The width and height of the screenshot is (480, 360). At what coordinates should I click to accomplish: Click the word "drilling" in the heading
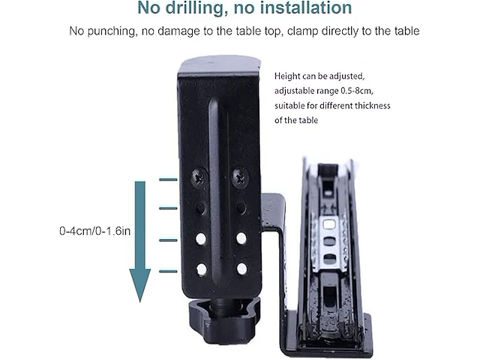(x=194, y=8)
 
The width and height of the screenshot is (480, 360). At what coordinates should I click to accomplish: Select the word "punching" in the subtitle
(x=112, y=31)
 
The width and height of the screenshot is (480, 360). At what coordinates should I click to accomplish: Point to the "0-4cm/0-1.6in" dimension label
(x=95, y=230)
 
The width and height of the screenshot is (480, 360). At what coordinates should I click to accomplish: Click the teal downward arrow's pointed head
(x=140, y=285)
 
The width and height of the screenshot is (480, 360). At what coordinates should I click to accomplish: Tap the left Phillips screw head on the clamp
(x=199, y=178)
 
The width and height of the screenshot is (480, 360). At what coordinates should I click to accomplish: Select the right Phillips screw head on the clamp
(x=241, y=178)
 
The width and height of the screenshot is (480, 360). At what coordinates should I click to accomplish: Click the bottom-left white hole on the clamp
(x=202, y=270)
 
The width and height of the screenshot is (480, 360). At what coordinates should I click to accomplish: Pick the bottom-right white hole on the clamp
(x=241, y=268)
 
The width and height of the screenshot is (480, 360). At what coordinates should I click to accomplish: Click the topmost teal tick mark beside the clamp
(x=168, y=180)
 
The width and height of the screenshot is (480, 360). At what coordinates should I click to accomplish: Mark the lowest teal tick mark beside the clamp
(x=168, y=271)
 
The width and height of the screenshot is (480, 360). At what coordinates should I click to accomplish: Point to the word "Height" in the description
(x=287, y=76)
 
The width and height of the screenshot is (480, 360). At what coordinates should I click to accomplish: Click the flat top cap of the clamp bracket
(x=219, y=64)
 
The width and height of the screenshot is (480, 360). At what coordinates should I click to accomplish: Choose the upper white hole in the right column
(x=241, y=238)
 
